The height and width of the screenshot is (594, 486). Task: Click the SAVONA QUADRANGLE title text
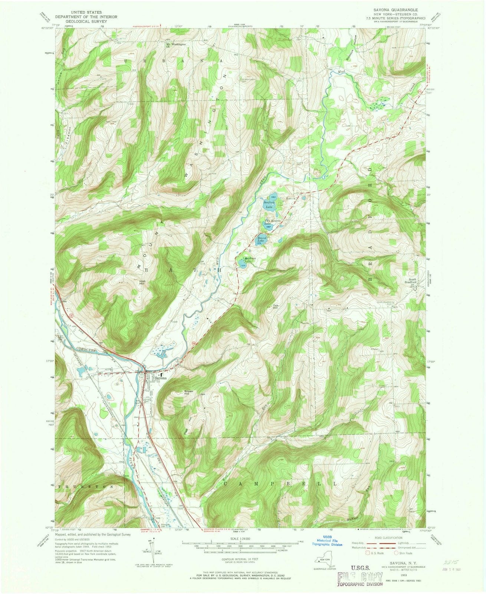point(395,10)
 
